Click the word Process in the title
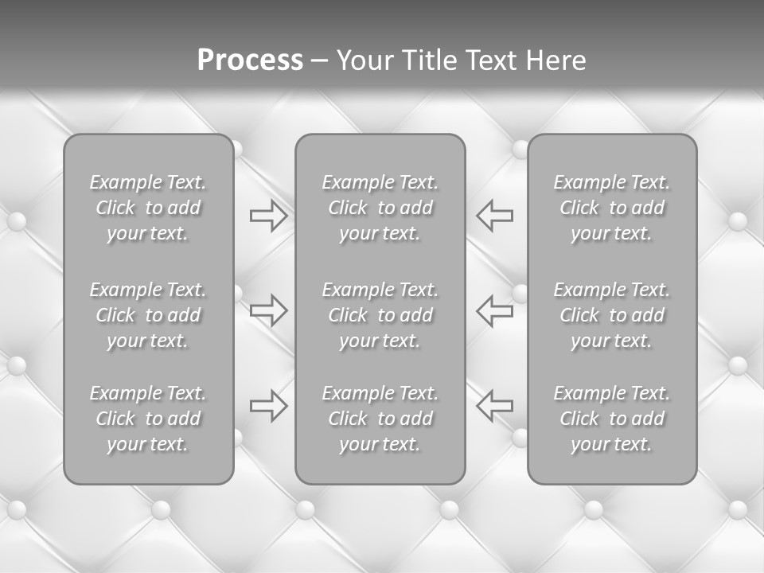tap(250, 60)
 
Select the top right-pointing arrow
tap(268, 216)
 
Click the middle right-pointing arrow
tap(268, 310)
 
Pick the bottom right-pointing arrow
tap(268, 405)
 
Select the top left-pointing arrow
tap(495, 216)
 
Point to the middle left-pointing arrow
tap(495, 310)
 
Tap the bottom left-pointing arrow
tap(495, 405)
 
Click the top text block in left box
tap(148, 208)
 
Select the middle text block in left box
tap(148, 315)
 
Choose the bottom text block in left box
tap(148, 419)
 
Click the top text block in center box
tap(380, 208)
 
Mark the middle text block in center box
tap(380, 315)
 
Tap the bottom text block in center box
tap(380, 419)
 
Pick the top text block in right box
tap(612, 208)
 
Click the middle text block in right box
tap(612, 315)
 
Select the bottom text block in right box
tap(612, 419)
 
